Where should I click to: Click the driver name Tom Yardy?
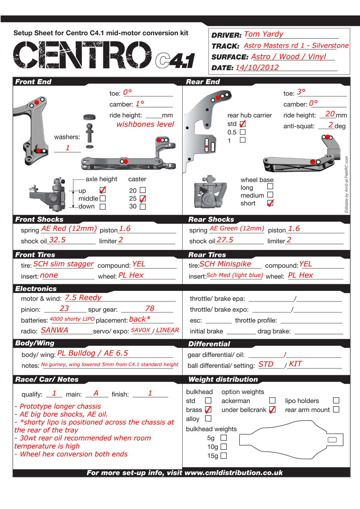tap(263, 34)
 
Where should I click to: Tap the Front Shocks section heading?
tap(39, 219)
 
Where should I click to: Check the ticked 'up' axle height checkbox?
tap(102, 191)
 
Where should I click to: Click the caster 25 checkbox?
tap(143, 199)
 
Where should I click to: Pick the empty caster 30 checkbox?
tap(143, 207)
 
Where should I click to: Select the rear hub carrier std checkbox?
tap(243, 124)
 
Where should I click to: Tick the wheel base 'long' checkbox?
tap(270, 186)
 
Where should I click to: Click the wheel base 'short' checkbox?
tap(270, 203)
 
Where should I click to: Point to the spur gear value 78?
tap(150, 309)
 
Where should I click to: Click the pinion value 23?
tap(64, 309)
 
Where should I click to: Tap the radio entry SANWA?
tap(55, 330)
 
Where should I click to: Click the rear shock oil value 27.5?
tap(225, 240)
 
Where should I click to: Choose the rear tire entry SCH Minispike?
tap(225, 264)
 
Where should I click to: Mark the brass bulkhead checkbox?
tap(208, 409)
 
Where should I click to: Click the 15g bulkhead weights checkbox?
tap(224, 456)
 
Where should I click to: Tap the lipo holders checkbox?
tap(336, 400)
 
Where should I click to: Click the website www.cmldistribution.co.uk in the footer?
tap(234, 473)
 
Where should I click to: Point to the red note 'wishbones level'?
tap(145, 124)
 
